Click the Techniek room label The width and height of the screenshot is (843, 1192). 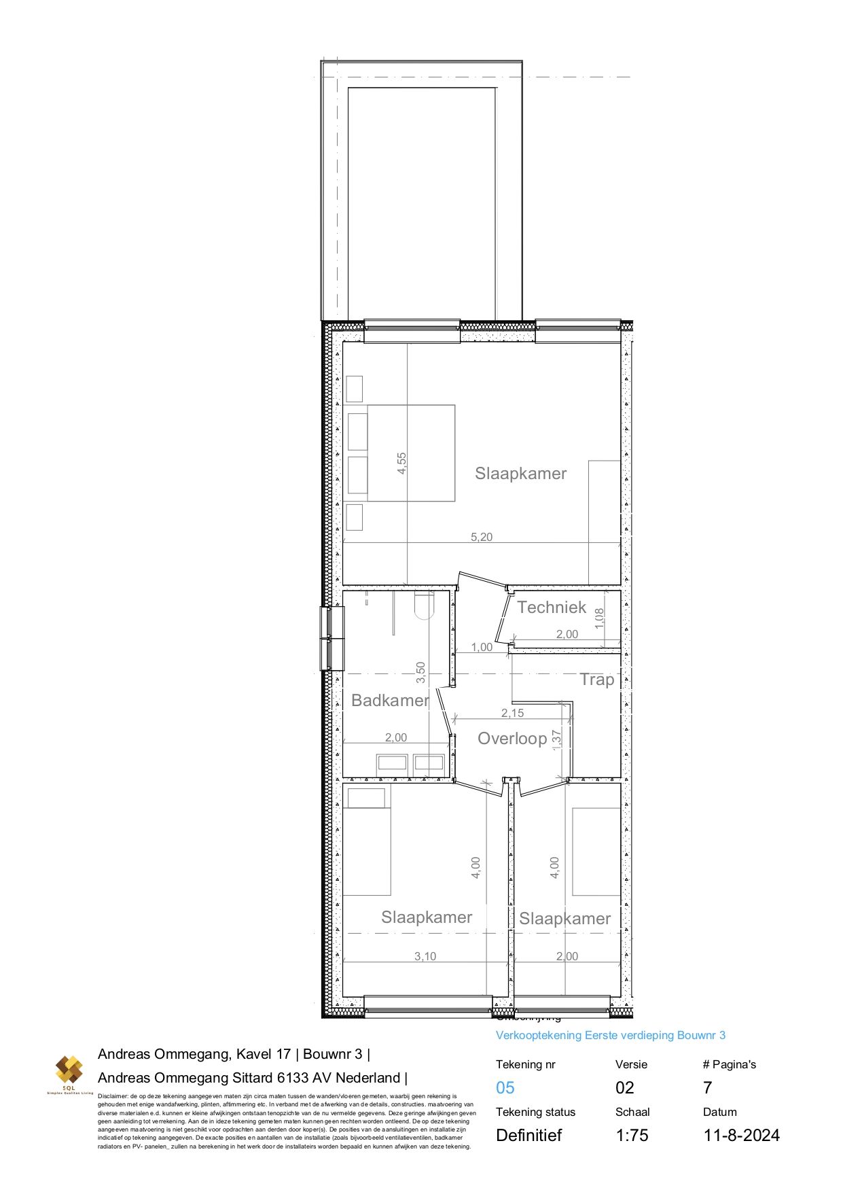[x=551, y=608]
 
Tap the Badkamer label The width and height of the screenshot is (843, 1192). [x=390, y=701]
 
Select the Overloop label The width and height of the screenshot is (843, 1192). [x=512, y=739]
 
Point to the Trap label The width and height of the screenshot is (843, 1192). [x=597, y=680]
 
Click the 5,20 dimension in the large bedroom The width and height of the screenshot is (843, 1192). [x=482, y=537]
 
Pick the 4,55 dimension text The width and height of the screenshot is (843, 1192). [x=401, y=463]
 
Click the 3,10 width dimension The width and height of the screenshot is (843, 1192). [x=425, y=956]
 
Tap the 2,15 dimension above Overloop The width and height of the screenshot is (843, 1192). [x=513, y=713]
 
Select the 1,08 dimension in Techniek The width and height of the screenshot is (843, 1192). [x=599, y=618]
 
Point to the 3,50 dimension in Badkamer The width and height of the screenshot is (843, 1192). [x=421, y=673]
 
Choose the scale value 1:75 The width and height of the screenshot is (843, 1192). [x=632, y=1136]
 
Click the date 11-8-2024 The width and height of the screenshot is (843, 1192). [x=742, y=1136]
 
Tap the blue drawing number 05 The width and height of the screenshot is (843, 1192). [x=505, y=1088]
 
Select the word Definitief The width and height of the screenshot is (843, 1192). [x=529, y=1136]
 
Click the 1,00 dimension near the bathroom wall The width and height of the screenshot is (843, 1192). [x=482, y=647]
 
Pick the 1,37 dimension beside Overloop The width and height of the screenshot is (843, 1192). [x=557, y=739]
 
